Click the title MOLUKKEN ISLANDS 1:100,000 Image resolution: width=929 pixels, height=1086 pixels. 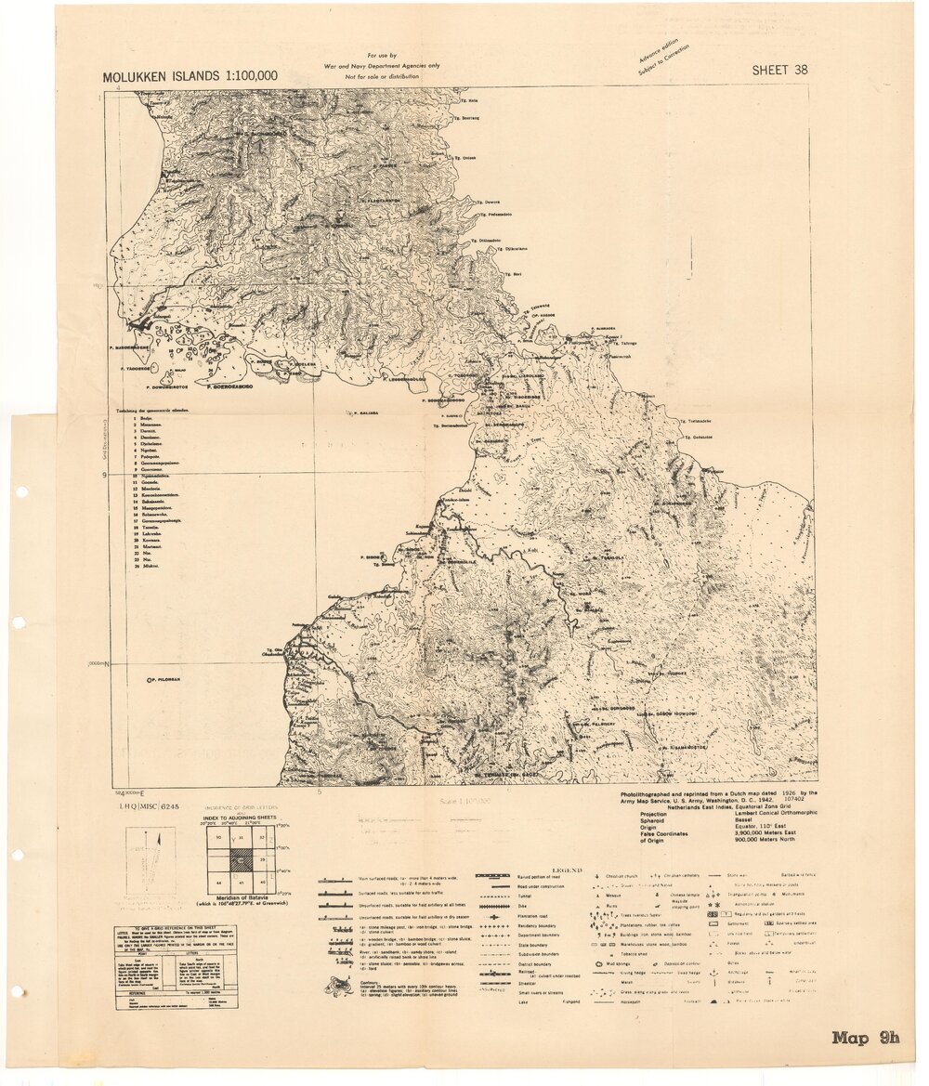pyautogui.click(x=190, y=76)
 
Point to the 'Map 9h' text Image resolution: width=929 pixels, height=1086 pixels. pyautogui.click(x=865, y=1039)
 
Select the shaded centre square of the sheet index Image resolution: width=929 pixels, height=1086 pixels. pyautogui.click(x=241, y=859)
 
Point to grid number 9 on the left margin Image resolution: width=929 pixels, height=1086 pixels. pyautogui.click(x=106, y=476)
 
